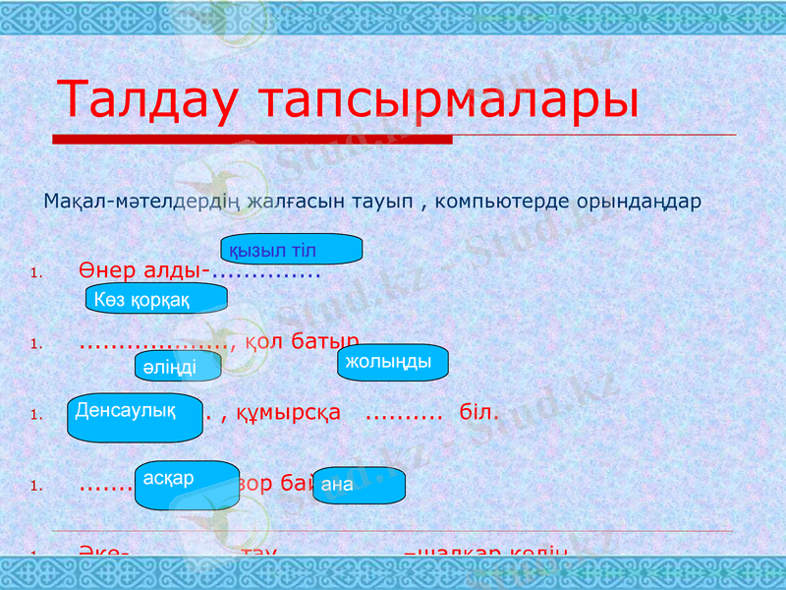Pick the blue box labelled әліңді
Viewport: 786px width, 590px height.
tap(178, 366)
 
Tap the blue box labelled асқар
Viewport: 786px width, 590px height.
tap(187, 485)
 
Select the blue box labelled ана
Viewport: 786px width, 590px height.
tap(359, 485)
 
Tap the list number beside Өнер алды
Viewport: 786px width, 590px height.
tap(35, 274)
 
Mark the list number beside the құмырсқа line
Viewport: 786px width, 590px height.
tap(35, 415)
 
